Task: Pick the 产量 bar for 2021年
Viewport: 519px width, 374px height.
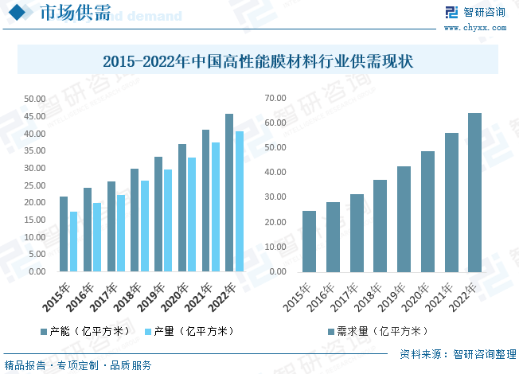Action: pyautogui.click(x=216, y=207)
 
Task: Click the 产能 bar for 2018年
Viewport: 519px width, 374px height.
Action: pyautogui.click(x=135, y=220)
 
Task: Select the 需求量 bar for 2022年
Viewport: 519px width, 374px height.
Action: pyautogui.click(x=474, y=192)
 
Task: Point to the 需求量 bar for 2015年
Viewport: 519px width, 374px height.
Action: pyautogui.click(x=309, y=241)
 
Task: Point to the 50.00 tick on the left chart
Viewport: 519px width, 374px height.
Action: pyautogui.click(x=34, y=99)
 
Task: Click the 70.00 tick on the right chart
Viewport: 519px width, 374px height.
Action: pyautogui.click(x=275, y=98)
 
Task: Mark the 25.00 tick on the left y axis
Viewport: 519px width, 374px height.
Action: pyautogui.click(x=34, y=185)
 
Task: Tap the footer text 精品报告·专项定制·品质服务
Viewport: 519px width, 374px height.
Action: pyautogui.click(x=78, y=365)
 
